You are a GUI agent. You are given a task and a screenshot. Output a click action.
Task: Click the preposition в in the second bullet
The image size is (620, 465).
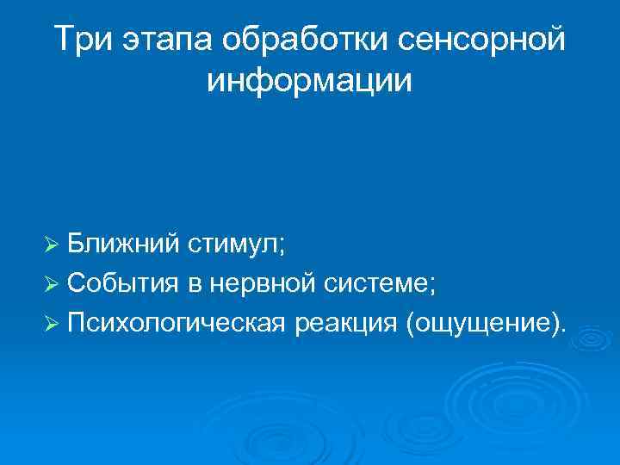pyautogui.click(x=205, y=284)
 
